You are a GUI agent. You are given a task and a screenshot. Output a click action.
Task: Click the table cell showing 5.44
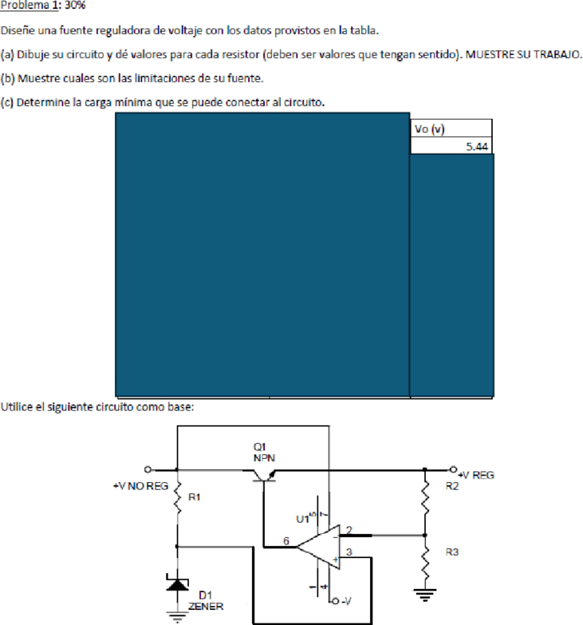[451, 146]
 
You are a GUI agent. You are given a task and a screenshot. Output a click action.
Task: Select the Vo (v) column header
[451, 129]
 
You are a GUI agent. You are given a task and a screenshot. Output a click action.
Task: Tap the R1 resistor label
[194, 497]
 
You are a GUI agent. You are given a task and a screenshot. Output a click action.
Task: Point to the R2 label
[452, 486]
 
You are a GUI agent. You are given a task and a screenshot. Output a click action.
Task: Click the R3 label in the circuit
[452, 552]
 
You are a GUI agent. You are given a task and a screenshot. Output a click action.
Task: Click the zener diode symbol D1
[177, 583]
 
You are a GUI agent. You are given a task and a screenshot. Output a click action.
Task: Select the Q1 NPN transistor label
[264, 453]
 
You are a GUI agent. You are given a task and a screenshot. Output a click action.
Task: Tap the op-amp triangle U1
[318, 547]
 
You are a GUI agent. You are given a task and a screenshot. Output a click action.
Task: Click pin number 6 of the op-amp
[286, 541]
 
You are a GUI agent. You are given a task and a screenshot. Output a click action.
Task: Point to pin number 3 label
[349, 552]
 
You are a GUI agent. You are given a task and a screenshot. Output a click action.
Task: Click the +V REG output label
[476, 475]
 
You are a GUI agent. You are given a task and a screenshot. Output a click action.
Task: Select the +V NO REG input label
[140, 486]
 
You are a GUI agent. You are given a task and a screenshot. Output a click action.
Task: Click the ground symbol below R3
[425, 595]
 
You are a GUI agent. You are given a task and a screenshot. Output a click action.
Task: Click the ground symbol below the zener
[177, 617]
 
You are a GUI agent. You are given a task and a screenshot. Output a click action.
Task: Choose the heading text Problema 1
[30, 5]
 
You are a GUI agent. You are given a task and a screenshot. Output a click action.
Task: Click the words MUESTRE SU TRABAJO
[523, 54]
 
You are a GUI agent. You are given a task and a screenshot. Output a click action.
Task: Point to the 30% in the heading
[75, 5]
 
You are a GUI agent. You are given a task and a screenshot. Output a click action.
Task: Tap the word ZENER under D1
[206, 607]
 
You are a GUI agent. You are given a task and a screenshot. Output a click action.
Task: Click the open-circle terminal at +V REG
[453, 469]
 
